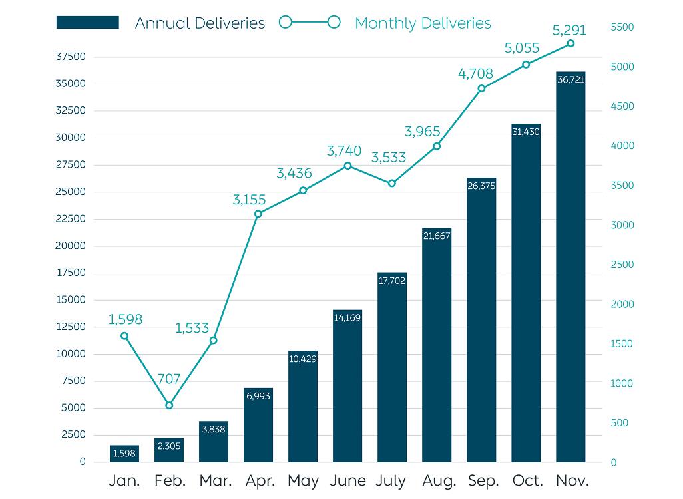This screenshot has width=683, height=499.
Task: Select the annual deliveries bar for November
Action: tap(570, 266)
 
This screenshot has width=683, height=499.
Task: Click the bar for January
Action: tap(124, 454)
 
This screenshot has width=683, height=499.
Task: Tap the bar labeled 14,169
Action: tap(347, 386)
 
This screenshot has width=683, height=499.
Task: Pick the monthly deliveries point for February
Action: tap(169, 405)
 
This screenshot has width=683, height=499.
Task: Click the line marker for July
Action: tap(392, 183)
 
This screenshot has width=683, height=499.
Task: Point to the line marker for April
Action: tap(258, 214)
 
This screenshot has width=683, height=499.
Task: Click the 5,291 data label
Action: tap(569, 30)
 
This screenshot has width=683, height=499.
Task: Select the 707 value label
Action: tap(169, 379)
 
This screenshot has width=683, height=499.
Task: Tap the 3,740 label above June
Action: tap(344, 151)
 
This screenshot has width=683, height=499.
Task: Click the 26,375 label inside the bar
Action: tap(481, 186)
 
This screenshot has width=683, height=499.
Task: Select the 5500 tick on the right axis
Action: tap(622, 27)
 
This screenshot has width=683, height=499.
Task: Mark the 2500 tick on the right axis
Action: tap(622, 265)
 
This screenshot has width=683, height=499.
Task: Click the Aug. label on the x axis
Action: tap(439, 480)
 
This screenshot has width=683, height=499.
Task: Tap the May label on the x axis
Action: tap(303, 480)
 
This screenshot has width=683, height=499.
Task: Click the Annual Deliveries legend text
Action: tap(200, 23)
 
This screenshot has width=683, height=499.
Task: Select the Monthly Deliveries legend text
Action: tap(423, 23)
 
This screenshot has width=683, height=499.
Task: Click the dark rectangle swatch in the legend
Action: tap(88, 23)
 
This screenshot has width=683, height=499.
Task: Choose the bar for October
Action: tap(526, 293)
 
